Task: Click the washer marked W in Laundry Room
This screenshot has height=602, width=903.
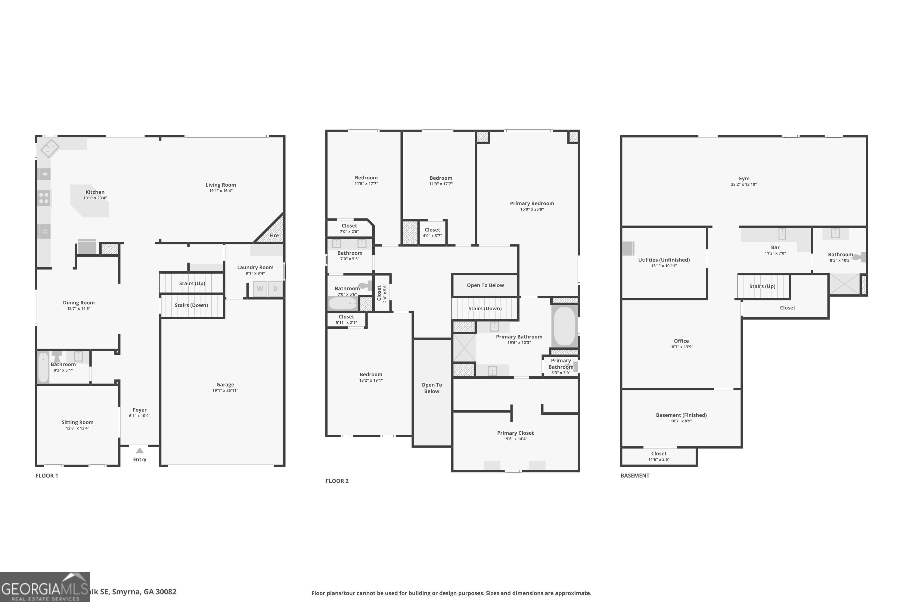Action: pos(260,289)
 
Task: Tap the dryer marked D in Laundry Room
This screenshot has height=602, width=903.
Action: pos(275,289)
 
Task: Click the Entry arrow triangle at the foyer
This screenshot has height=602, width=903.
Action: pos(140,450)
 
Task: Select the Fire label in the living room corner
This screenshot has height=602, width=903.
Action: pos(274,235)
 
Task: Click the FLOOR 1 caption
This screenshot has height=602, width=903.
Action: pos(46,475)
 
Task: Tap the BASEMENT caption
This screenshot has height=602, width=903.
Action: pos(635,475)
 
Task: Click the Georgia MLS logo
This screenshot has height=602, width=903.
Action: pos(45,587)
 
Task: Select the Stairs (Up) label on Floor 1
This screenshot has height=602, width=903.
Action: pos(192,283)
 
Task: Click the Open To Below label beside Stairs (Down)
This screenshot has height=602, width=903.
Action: pos(485,285)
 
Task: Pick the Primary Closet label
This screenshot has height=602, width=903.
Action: pos(515,433)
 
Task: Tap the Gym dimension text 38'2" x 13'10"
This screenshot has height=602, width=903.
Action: pos(744,184)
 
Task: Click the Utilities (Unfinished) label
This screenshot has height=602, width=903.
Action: pos(664,260)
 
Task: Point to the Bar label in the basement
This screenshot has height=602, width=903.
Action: pos(775,247)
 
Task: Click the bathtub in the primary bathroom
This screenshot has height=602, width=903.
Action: pos(565,326)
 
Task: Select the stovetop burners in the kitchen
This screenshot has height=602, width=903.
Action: pos(44,198)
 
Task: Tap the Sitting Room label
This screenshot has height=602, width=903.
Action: pos(78,422)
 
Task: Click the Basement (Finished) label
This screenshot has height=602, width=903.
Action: pos(681,415)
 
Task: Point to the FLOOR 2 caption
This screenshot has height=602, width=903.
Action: pos(337,481)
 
